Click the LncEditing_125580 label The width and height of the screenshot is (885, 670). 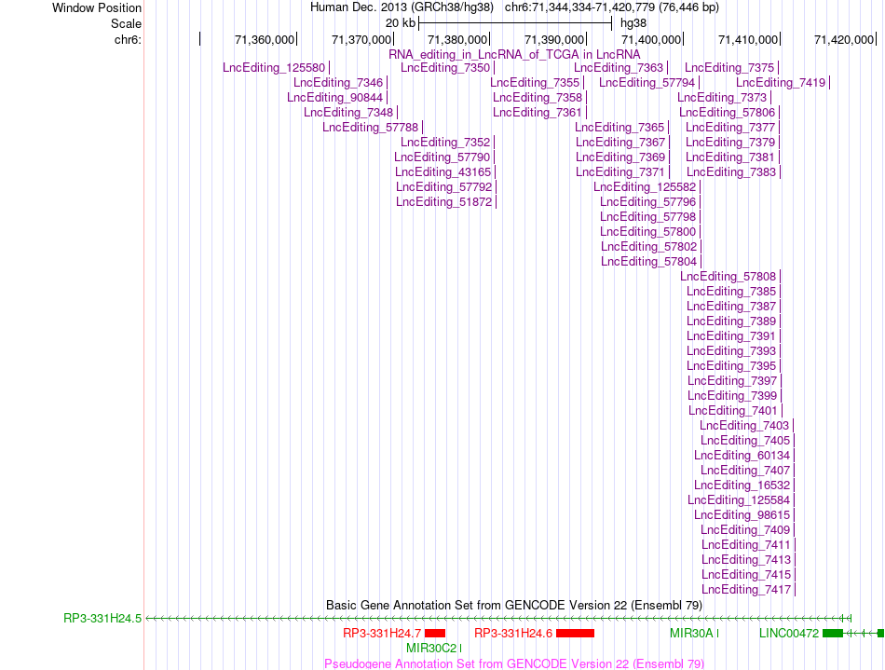[x=274, y=68]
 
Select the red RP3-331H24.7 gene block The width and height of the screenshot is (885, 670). [x=435, y=634]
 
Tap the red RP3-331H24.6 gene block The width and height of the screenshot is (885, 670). [x=575, y=634]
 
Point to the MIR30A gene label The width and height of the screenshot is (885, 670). [x=691, y=634]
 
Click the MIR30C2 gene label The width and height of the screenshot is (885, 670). [x=431, y=648]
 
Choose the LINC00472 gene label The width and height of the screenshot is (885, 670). [x=788, y=634]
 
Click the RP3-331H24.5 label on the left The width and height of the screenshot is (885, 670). [x=102, y=619]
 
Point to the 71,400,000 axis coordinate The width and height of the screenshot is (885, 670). [x=651, y=39]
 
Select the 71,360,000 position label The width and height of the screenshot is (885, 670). [x=265, y=39]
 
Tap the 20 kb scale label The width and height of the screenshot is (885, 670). [x=401, y=23]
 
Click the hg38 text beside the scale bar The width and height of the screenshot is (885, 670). [x=633, y=23]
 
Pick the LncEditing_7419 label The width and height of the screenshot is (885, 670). [x=781, y=83]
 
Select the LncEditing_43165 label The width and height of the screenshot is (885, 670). [x=443, y=172]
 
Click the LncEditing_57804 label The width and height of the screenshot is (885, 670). [x=648, y=261]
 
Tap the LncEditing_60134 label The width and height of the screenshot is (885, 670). [x=742, y=456]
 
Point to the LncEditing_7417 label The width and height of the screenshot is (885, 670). [x=746, y=590]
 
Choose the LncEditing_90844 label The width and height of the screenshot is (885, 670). [x=334, y=98]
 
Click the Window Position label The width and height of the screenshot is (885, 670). [x=97, y=7]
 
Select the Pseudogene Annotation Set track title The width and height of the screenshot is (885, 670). [x=514, y=663]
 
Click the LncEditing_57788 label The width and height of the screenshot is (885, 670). [x=370, y=128]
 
